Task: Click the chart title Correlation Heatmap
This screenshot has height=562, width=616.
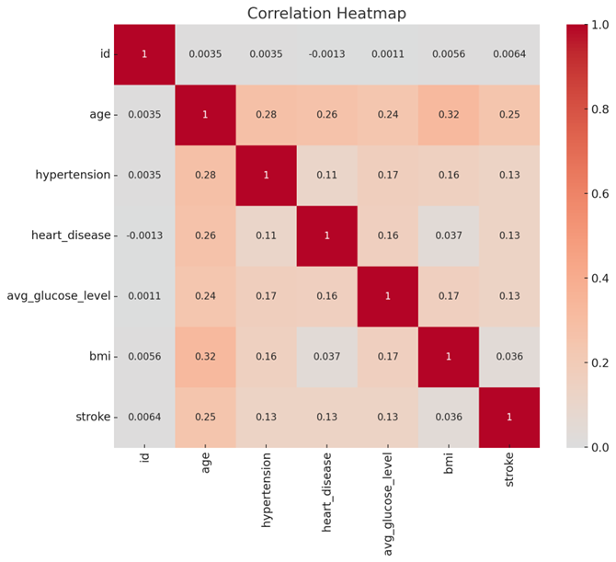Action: click(x=327, y=13)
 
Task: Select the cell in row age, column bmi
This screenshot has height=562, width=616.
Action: click(x=449, y=114)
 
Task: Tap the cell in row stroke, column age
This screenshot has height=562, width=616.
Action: click(x=205, y=417)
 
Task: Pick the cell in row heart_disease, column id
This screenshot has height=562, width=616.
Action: click(x=144, y=235)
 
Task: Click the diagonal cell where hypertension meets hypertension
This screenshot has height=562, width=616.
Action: click(x=266, y=175)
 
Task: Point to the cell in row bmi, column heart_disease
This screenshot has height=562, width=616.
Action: click(x=327, y=356)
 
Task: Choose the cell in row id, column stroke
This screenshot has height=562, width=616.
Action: click(x=509, y=53)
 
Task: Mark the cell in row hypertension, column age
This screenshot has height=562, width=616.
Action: click(x=205, y=175)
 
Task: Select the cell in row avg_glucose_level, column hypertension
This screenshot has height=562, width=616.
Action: click(x=266, y=296)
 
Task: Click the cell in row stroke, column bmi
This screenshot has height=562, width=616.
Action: click(x=449, y=417)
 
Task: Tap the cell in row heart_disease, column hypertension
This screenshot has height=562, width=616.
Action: click(x=266, y=235)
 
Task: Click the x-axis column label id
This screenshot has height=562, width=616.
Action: click(x=144, y=462)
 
